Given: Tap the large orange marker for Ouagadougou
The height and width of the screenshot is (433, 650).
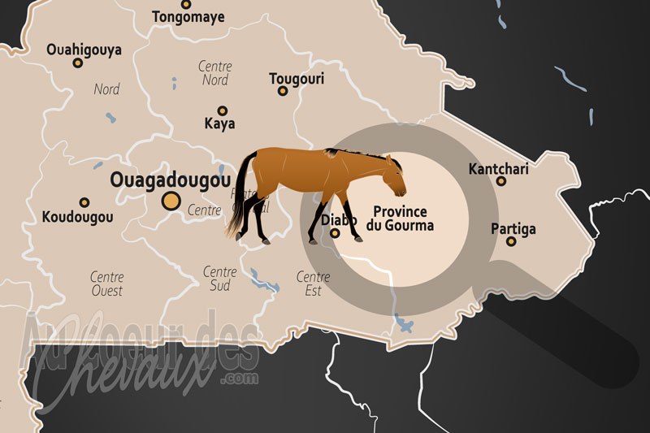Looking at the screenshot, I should point(171,201).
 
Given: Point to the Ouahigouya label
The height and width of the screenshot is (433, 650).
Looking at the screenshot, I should point(84,50).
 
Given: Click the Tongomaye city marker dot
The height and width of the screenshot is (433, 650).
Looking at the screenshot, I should point(186,4).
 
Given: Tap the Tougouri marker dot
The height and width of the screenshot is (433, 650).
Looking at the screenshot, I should point(283,91).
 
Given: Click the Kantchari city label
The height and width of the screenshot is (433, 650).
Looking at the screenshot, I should point(498,169).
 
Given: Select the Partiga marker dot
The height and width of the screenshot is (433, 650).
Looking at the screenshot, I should point(511,241).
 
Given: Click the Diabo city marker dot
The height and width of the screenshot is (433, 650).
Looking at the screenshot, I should point(335,234).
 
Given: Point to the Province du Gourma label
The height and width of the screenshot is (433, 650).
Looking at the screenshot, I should point(400,218).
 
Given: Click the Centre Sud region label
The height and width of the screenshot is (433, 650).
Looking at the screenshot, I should point(219,279).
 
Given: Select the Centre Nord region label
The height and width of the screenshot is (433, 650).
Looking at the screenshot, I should point(214,73).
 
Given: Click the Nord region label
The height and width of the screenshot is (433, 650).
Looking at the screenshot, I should point(106,89).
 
